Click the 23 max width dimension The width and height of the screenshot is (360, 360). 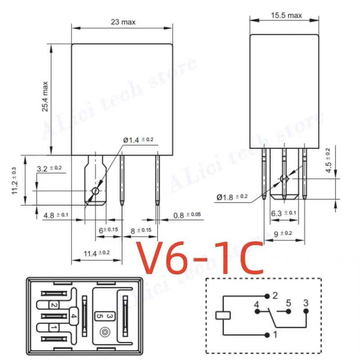pyautogui.click(x=123, y=22)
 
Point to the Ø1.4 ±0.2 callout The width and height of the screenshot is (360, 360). pyautogui.click(x=138, y=140)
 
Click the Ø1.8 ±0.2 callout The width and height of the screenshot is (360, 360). pyautogui.click(x=232, y=197)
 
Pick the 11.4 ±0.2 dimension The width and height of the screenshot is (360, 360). pyautogui.click(x=96, y=253)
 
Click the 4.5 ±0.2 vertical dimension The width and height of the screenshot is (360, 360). pyautogui.click(x=328, y=160)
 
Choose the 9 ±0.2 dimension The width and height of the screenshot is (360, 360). pyautogui.click(x=282, y=233)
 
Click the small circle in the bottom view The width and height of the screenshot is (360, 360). pyautogui.click(x=105, y=333)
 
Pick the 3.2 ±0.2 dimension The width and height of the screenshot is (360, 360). pyautogui.click(x=49, y=169)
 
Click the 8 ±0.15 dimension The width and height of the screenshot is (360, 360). pyautogui.click(x=141, y=230)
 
